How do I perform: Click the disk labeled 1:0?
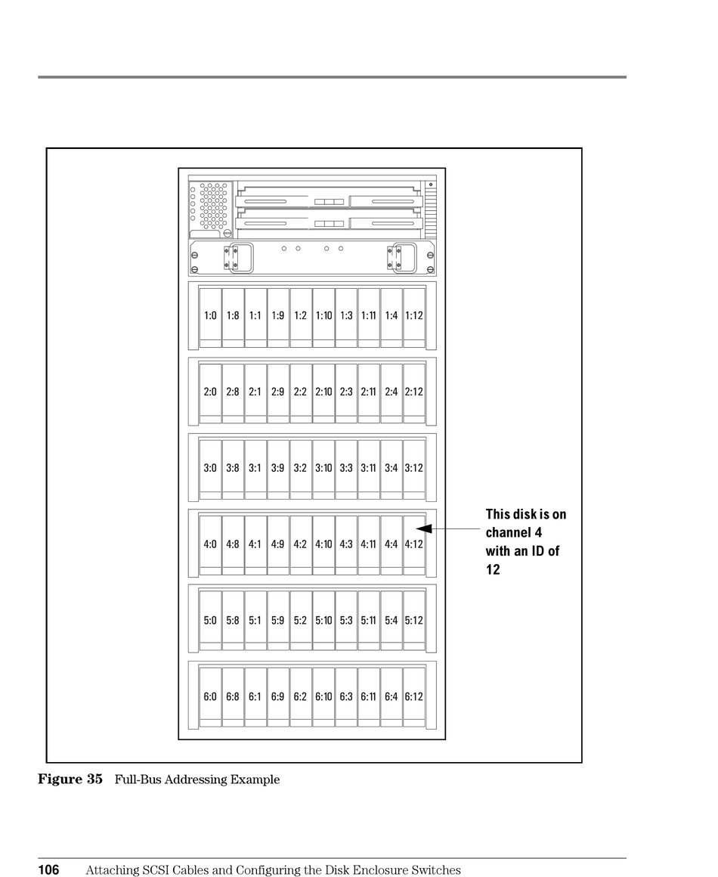coord(210,316)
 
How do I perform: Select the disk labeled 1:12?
coord(413,316)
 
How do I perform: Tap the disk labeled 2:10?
coord(323,392)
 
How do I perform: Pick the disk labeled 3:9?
coord(278,468)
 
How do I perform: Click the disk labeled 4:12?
coord(413,544)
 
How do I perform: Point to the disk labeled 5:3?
coord(346,621)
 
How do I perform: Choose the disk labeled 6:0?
coord(210,697)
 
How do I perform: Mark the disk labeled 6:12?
coord(413,697)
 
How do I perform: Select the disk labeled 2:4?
coord(391,392)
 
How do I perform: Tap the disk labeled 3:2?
coord(301,468)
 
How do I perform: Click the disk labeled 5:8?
coord(233,621)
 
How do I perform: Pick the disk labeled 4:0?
coord(210,544)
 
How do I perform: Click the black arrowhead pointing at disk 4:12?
coord(424,528)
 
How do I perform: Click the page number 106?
coord(49,870)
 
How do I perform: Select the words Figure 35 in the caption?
coord(70,779)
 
